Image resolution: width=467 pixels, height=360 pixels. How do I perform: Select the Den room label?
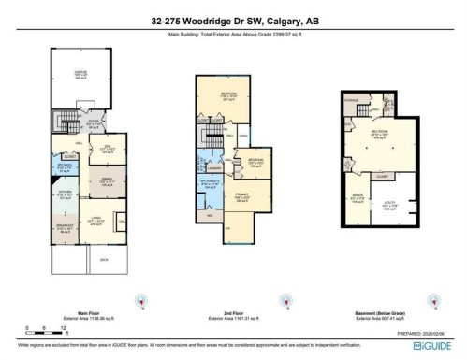(107, 147)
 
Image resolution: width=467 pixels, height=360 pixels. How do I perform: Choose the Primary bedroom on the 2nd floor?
(241, 197)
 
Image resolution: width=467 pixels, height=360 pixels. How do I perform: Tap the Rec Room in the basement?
(379, 134)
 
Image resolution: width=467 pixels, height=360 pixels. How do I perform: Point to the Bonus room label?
(357, 198)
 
